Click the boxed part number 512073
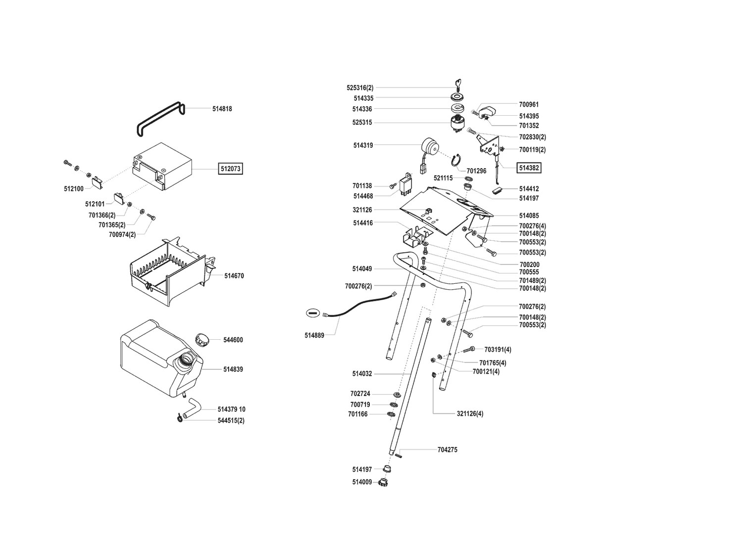(x=230, y=169)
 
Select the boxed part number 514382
(x=529, y=168)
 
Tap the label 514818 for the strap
(x=222, y=109)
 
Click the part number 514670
(x=234, y=276)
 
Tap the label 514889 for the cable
(x=314, y=335)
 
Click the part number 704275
(x=447, y=450)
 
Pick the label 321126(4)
(x=470, y=413)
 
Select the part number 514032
(x=362, y=374)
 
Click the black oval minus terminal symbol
(x=312, y=312)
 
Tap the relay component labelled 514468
(x=409, y=184)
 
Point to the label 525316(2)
(x=360, y=88)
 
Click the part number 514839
(x=233, y=369)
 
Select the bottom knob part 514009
(x=382, y=482)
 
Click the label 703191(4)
(x=498, y=350)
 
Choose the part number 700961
(x=529, y=104)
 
